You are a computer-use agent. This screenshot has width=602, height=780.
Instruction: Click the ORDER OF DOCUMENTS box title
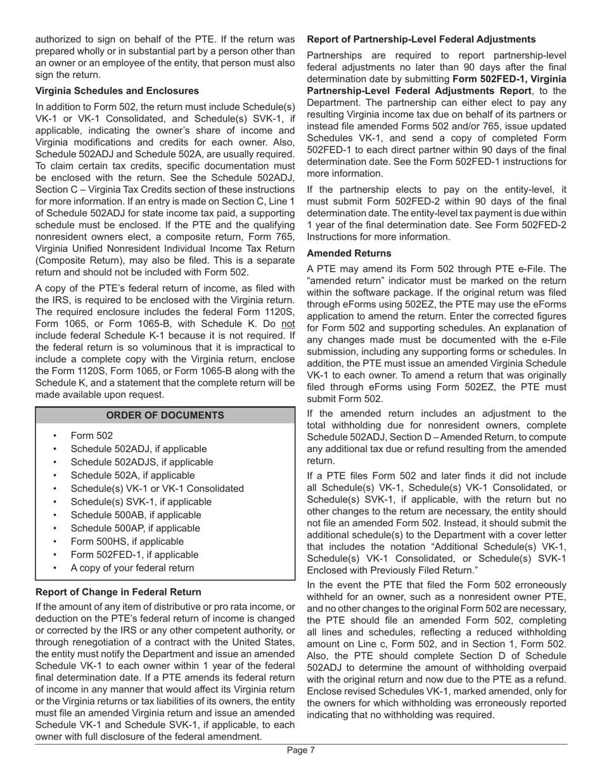point(165,415)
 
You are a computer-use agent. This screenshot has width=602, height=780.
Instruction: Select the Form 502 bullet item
point(92,436)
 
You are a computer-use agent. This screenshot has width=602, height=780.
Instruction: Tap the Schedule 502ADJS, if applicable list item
point(142,462)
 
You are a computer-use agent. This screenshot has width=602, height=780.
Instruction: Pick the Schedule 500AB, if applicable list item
point(136,515)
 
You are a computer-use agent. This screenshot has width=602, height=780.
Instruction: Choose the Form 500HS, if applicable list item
point(127,542)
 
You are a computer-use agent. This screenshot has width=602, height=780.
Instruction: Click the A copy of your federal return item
point(132,568)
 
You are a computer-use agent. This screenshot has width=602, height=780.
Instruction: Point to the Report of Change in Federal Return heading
point(118,592)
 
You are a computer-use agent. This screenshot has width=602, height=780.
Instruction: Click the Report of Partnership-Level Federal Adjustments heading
point(421,39)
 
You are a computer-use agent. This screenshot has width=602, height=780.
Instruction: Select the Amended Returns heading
point(349,253)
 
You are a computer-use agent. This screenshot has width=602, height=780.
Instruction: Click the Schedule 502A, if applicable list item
point(132,476)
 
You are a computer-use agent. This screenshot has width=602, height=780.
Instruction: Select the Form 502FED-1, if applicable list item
point(134,555)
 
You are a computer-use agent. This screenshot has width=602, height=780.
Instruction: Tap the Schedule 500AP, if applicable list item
point(135,528)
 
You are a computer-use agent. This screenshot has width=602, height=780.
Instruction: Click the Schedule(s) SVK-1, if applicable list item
point(141,502)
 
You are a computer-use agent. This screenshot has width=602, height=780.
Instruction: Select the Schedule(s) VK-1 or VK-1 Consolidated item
point(157,489)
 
